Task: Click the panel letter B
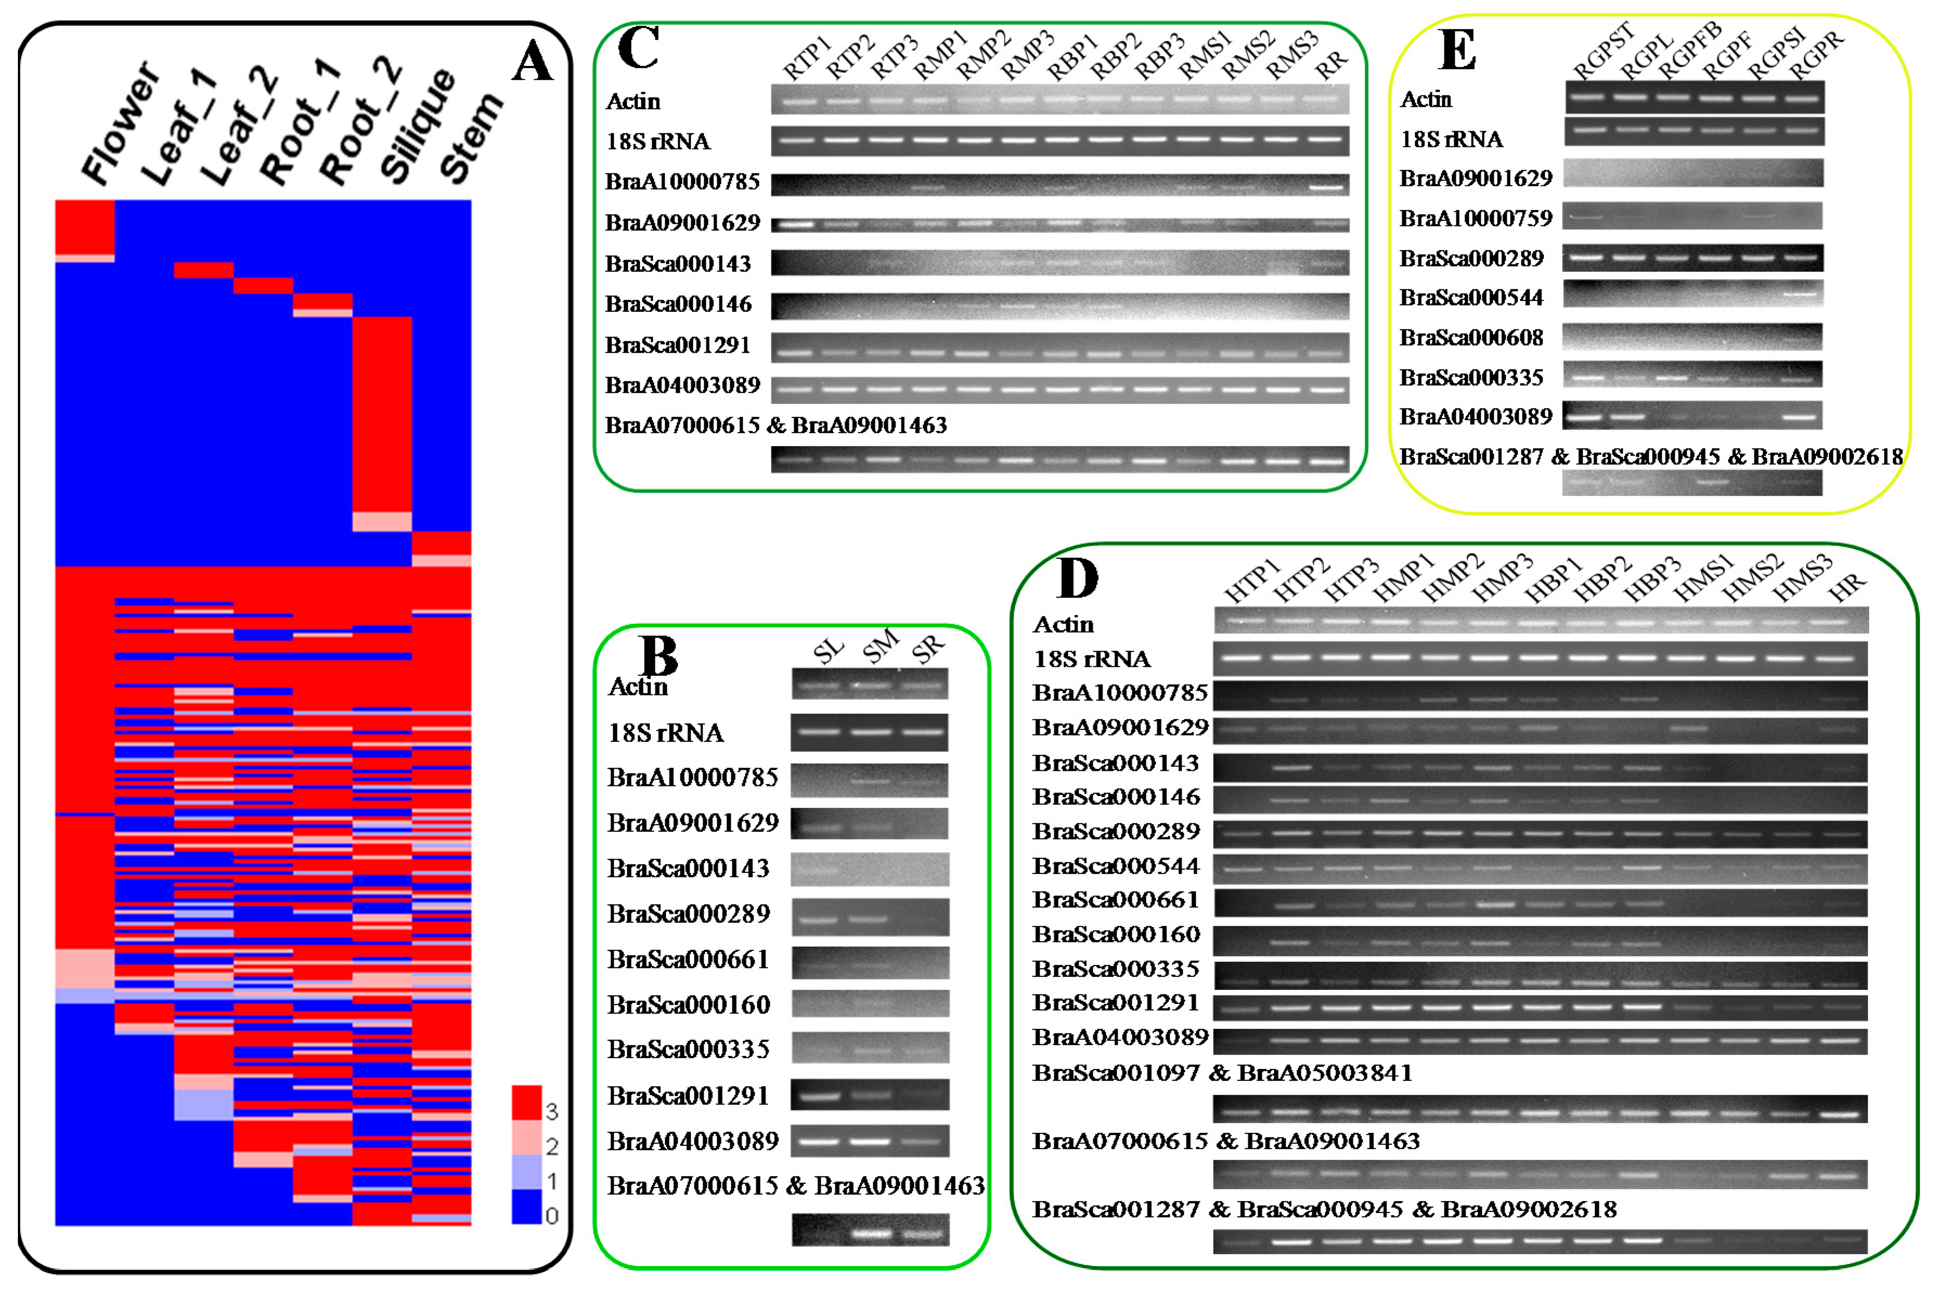(658, 656)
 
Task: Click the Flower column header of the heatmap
(120, 123)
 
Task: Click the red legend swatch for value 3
(526, 1103)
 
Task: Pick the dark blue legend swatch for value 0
(526, 1206)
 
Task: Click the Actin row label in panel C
(633, 101)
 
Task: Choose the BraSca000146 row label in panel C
(678, 304)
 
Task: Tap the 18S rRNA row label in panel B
(665, 732)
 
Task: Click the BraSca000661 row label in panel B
(688, 959)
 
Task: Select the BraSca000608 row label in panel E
(1471, 337)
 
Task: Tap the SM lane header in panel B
(880, 648)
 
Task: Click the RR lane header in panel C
(1331, 64)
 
